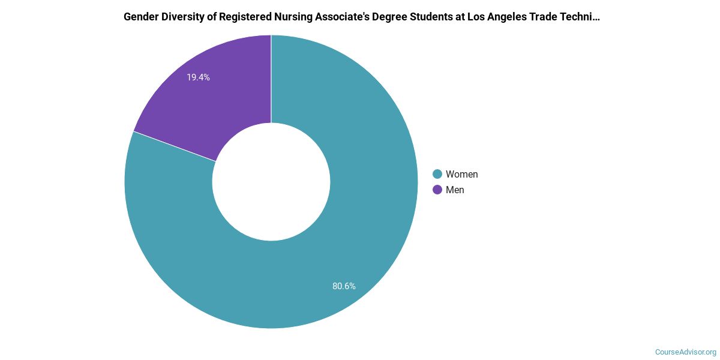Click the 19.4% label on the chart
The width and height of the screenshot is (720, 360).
click(198, 77)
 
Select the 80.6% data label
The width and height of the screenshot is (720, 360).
click(344, 286)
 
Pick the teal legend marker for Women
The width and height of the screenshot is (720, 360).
click(437, 174)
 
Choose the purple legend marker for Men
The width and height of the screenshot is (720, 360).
click(437, 190)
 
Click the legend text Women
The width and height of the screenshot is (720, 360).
click(461, 174)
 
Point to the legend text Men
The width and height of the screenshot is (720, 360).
click(455, 190)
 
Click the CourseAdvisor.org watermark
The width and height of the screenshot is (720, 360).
click(685, 352)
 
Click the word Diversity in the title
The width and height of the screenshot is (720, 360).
click(182, 17)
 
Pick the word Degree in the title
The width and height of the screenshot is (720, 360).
click(380, 17)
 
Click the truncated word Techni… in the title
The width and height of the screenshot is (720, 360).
click(579, 17)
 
